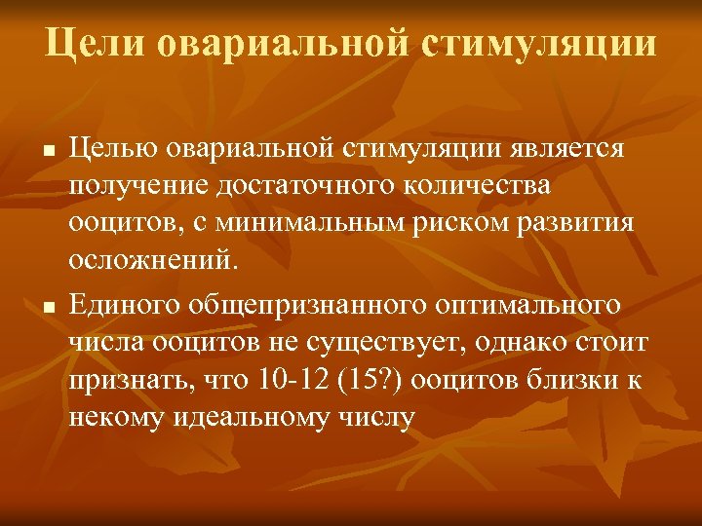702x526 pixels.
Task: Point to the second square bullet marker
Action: click(x=48, y=308)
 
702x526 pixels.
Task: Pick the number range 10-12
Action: click(x=292, y=380)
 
